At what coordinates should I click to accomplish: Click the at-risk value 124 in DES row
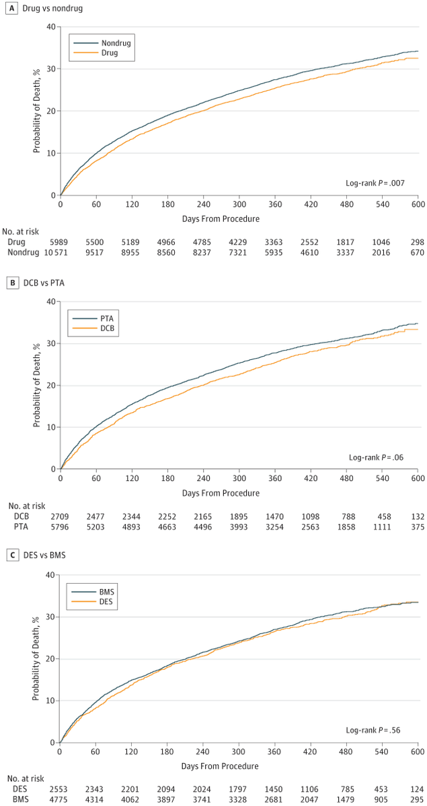point(417,788)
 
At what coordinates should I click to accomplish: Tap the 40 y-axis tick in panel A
point(50,28)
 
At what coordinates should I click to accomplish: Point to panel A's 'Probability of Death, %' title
point(38,111)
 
